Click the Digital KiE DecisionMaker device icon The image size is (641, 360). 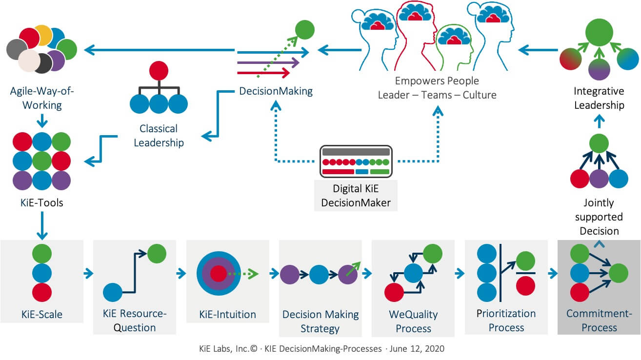[x=356, y=161]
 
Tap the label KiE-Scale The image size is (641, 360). [x=42, y=315]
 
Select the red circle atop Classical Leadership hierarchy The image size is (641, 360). [x=159, y=71]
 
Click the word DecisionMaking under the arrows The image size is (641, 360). [x=276, y=91]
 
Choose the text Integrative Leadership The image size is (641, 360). [x=599, y=98]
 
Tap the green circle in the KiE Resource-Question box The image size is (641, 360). [x=157, y=254]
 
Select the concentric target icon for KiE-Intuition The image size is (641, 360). [x=218, y=273]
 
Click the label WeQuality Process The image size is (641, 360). [x=413, y=321]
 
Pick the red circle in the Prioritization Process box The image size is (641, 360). [x=525, y=286]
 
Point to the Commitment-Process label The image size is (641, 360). [x=599, y=320]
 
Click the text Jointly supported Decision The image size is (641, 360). [x=599, y=217]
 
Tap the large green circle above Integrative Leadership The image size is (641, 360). [x=599, y=33]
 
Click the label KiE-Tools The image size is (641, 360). [x=41, y=202]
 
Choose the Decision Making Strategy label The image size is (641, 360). [x=320, y=321]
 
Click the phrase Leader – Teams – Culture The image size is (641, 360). [x=437, y=95]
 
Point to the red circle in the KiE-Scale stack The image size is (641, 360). [x=42, y=292]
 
